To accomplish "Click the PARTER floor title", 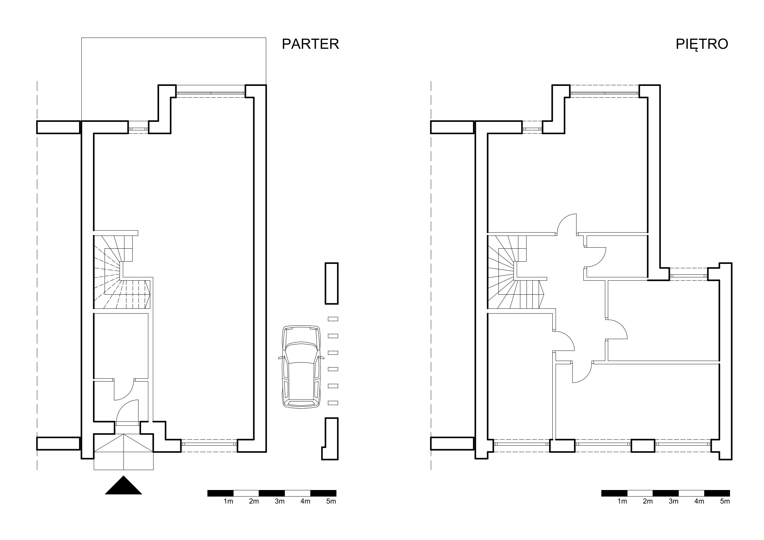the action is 310,44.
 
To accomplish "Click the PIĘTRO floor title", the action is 702,44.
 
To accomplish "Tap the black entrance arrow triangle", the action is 123,485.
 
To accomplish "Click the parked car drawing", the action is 301,366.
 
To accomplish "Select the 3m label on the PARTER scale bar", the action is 280,501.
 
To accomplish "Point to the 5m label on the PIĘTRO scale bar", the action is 725,501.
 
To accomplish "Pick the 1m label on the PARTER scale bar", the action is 228,501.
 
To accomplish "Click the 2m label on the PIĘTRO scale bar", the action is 648,501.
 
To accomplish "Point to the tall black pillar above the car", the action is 332,284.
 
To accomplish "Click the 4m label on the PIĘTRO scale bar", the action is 699,501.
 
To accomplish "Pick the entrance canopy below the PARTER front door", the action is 123,452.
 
